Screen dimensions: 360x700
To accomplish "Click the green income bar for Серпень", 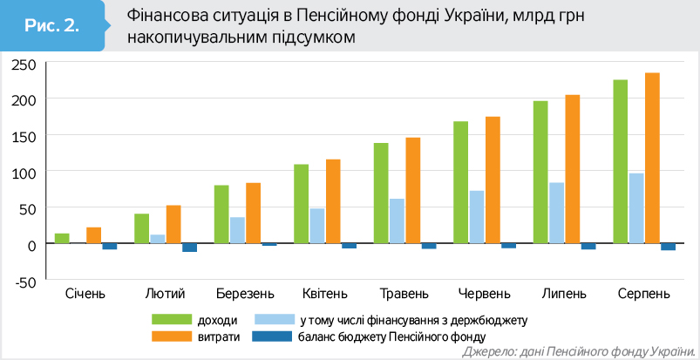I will tap(621, 162).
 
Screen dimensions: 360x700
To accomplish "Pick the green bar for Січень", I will tap(62, 239).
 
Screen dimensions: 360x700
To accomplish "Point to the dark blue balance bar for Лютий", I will tap(190, 248).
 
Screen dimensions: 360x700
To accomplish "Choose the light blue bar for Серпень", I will tap(637, 209).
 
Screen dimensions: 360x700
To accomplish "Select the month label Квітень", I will tap(325, 292).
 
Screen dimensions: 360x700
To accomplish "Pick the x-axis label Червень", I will tap(485, 292).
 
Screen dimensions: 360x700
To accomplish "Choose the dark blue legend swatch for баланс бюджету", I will tap(270, 336).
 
